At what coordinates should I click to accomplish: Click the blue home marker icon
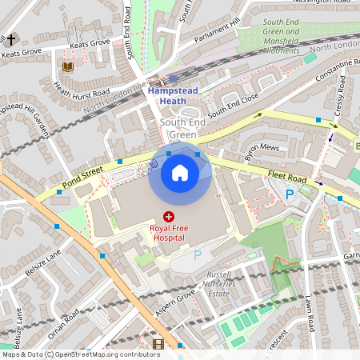coord(180,173)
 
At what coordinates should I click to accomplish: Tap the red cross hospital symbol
coord(169,216)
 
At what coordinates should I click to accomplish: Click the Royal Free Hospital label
coord(169,233)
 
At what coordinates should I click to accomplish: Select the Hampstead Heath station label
coord(173,95)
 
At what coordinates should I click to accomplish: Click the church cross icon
coord(11,39)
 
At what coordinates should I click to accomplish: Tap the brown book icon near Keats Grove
coord(67,66)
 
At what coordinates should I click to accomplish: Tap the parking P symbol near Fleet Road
coord(290,194)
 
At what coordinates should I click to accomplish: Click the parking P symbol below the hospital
coord(198,255)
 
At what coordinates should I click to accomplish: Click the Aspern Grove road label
coord(175,305)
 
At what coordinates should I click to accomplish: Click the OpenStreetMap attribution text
coord(80,354)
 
